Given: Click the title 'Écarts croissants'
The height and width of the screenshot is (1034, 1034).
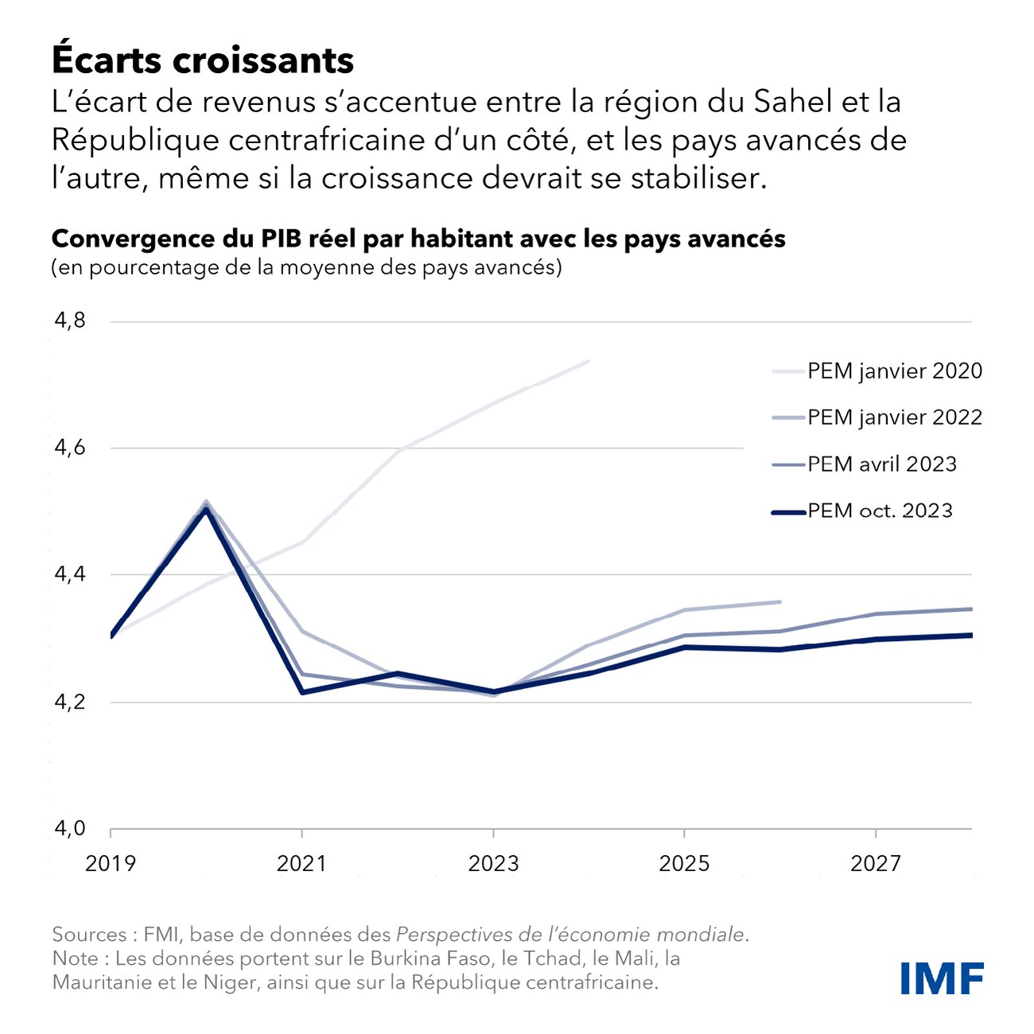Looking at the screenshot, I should tap(203, 60).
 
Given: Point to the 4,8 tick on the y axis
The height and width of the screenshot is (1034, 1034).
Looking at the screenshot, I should tap(70, 321).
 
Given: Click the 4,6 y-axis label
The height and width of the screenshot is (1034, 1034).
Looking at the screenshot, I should tap(70, 448).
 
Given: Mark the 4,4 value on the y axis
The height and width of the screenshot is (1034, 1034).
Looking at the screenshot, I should tap(70, 574).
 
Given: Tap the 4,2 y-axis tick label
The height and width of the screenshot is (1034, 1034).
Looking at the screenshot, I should tap(70, 702).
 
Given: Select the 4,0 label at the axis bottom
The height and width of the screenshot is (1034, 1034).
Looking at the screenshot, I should tap(70, 829).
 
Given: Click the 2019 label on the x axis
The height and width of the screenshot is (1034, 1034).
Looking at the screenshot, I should tap(111, 863).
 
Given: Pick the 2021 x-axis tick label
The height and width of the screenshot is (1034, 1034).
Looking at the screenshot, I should tap(302, 863).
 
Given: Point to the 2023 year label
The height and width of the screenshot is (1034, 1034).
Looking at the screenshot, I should tap(493, 863).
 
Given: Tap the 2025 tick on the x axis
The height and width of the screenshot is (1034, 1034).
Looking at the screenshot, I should tap(685, 863).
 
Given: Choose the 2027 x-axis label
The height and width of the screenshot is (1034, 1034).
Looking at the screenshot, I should tap(876, 863).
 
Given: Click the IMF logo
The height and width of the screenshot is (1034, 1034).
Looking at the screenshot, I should tap(942, 978).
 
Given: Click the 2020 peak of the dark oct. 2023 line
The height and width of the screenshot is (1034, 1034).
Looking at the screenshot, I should tap(206, 509).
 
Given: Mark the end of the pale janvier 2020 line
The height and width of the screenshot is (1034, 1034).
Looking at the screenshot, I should tap(589, 361).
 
